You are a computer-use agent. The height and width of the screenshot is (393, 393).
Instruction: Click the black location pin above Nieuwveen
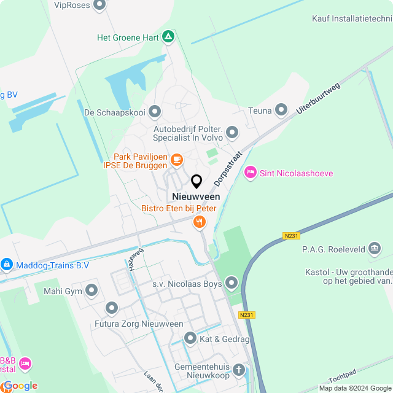pos(196,181)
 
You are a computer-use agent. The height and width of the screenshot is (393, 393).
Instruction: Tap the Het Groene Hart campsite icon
pos(169,37)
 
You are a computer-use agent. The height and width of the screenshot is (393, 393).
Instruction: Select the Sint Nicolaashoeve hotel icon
pos(250,173)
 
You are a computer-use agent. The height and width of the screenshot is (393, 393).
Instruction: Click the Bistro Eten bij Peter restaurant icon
pos(199,222)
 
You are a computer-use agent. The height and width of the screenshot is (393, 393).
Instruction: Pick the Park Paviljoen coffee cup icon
pos(176,160)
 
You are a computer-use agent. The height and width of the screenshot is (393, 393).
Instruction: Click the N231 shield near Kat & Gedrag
pos(246,315)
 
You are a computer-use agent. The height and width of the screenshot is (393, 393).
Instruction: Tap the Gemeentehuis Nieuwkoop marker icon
pos(238,370)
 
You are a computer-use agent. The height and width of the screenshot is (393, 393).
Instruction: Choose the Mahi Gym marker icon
pos(92,289)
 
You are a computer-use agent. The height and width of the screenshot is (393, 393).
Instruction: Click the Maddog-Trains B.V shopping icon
pos(6,265)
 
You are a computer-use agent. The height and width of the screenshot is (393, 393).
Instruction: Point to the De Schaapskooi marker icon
pos(155,112)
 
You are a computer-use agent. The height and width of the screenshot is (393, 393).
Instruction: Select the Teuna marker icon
pos(281,110)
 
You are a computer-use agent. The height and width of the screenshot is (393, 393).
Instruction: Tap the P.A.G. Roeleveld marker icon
pos(375,249)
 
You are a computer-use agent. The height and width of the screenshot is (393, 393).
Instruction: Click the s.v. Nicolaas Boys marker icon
pos(231,283)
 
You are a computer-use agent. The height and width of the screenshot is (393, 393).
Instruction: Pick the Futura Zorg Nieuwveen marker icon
pos(111,308)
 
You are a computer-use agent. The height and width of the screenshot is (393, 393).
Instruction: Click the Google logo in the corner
pos(20,386)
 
